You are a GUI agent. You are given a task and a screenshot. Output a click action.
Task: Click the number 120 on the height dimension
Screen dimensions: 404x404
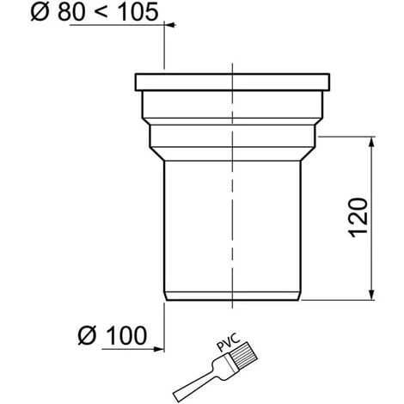pyautogui.click(x=358, y=217)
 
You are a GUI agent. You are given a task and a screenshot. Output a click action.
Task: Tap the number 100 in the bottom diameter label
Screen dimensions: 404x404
pyautogui.click(x=127, y=335)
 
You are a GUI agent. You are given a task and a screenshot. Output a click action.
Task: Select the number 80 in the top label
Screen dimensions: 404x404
pyautogui.click(x=71, y=12)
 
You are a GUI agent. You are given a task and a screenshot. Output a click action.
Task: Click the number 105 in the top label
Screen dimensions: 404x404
pyautogui.click(x=138, y=12)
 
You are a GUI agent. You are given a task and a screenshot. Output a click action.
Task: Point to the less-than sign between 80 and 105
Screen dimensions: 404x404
pyautogui.click(x=101, y=12)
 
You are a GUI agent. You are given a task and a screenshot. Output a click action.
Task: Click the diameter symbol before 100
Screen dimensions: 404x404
pyautogui.click(x=87, y=335)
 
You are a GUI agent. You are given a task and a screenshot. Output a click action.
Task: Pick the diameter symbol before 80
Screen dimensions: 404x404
pyautogui.click(x=40, y=12)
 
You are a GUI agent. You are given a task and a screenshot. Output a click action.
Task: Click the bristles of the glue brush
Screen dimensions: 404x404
pyautogui.click(x=244, y=355)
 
